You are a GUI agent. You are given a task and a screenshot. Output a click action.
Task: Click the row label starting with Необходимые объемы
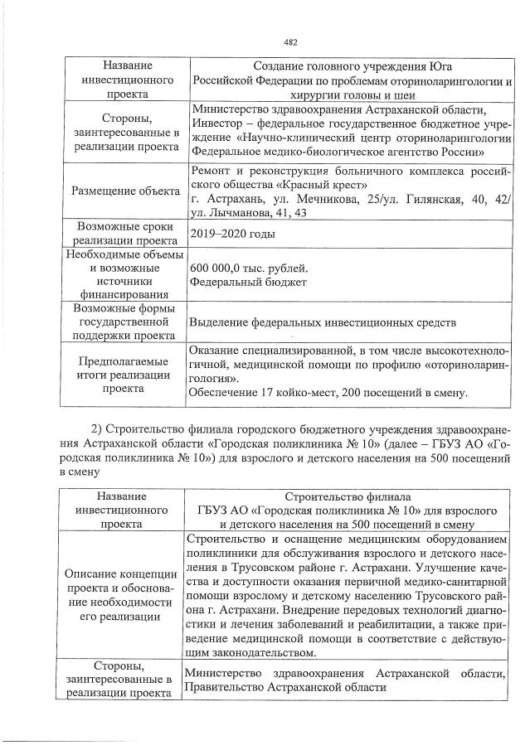124,274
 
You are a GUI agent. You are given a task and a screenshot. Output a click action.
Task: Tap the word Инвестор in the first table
218,123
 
